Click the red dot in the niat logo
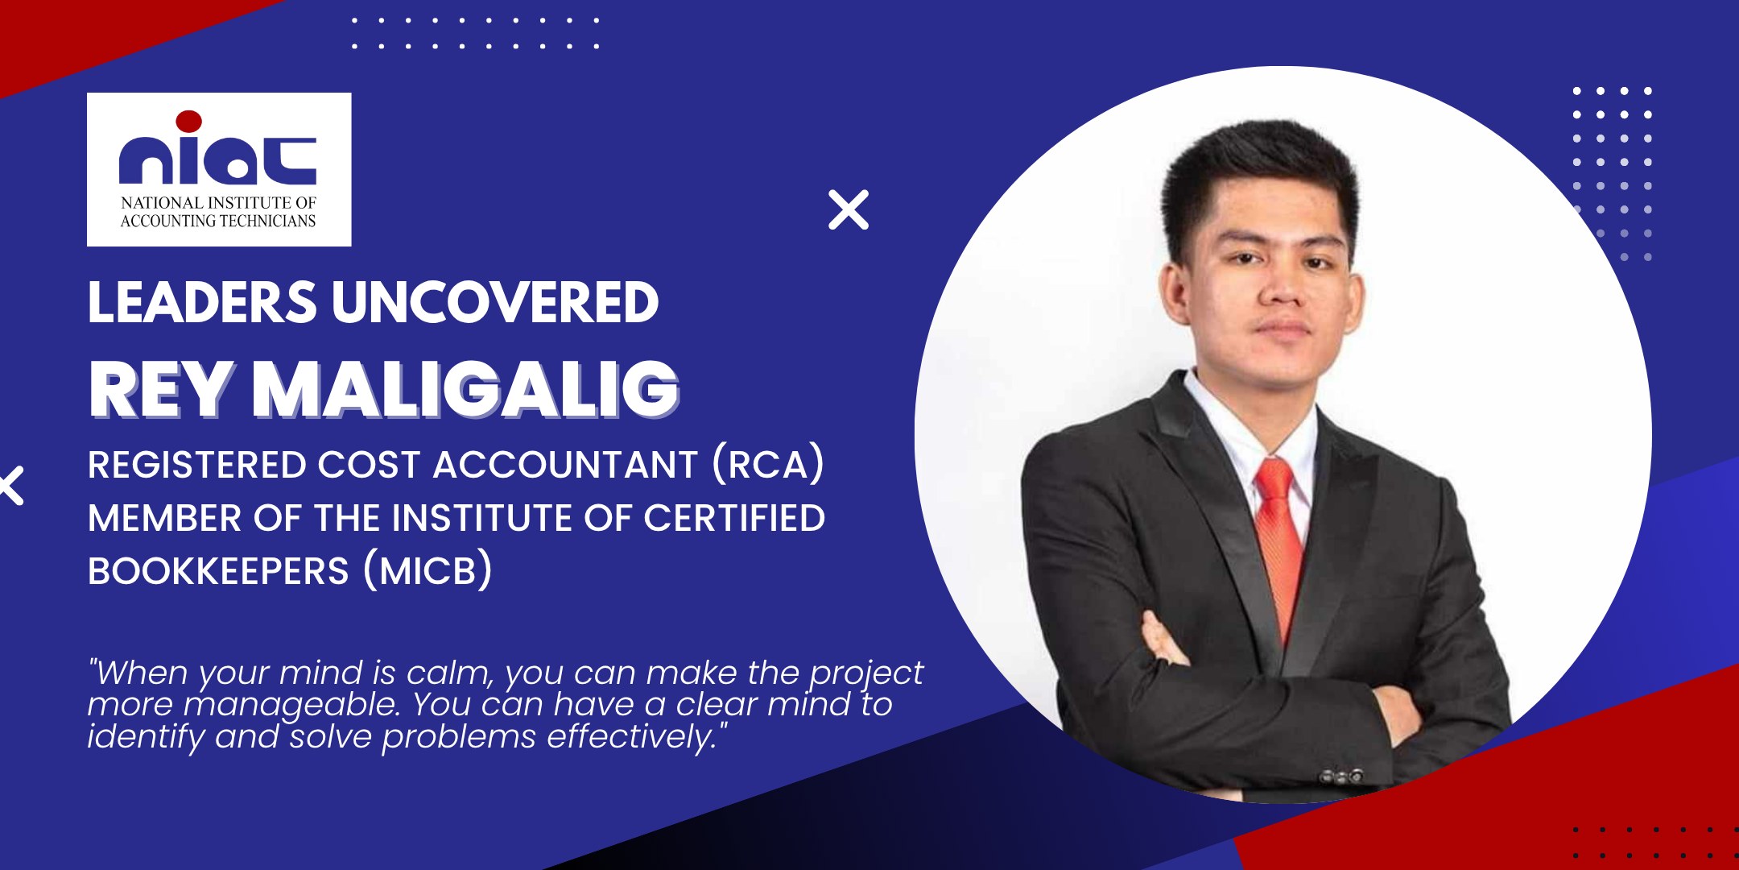(x=188, y=122)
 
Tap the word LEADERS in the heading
(x=202, y=303)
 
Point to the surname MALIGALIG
(x=466, y=390)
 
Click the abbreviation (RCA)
(x=768, y=465)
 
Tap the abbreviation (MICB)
(x=428, y=570)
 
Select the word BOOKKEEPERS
(x=218, y=571)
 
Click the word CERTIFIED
(x=734, y=518)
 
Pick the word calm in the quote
(x=448, y=673)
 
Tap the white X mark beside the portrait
(x=849, y=210)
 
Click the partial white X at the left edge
(x=12, y=486)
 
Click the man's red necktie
(x=1279, y=532)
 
